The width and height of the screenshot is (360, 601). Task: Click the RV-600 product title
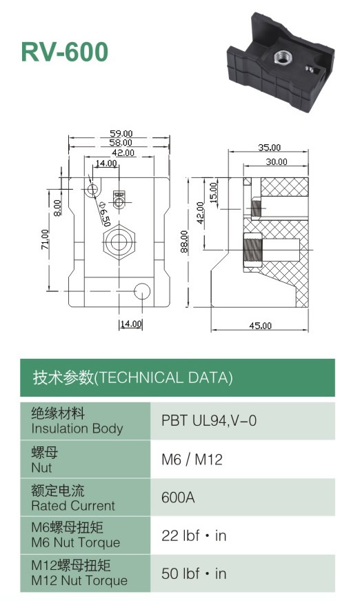tap(65, 52)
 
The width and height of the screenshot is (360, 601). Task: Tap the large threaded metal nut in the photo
tap(282, 57)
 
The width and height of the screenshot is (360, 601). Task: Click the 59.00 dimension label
tap(121, 133)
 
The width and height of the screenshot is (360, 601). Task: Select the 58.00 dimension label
tap(121, 143)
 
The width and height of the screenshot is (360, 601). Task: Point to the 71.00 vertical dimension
tap(46, 239)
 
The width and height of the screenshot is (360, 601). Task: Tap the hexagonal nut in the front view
tap(119, 242)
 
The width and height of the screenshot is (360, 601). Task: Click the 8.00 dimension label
tap(57, 208)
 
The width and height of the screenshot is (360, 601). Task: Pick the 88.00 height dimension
tap(184, 242)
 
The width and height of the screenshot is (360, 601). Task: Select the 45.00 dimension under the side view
tap(261, 326)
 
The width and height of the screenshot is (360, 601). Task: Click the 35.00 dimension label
tap(269, 147)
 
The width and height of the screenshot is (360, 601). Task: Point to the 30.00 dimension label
tap(277, 161)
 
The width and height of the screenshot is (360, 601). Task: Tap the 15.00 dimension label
tap(213, 193)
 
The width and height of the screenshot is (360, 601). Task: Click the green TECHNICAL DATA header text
tap(132, 378)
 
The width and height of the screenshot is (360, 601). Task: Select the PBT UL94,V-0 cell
tap(209, 421)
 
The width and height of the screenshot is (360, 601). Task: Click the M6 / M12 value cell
tap(192, 459)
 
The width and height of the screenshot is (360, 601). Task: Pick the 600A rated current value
tap(178, 497)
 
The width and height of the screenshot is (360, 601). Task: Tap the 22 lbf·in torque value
tap(194, 535)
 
